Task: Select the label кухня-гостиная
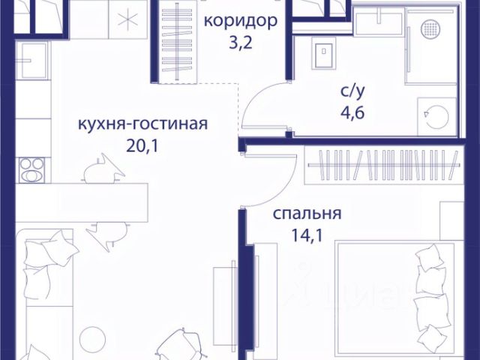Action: (142, 124)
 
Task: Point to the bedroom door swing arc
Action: (262, 176)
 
